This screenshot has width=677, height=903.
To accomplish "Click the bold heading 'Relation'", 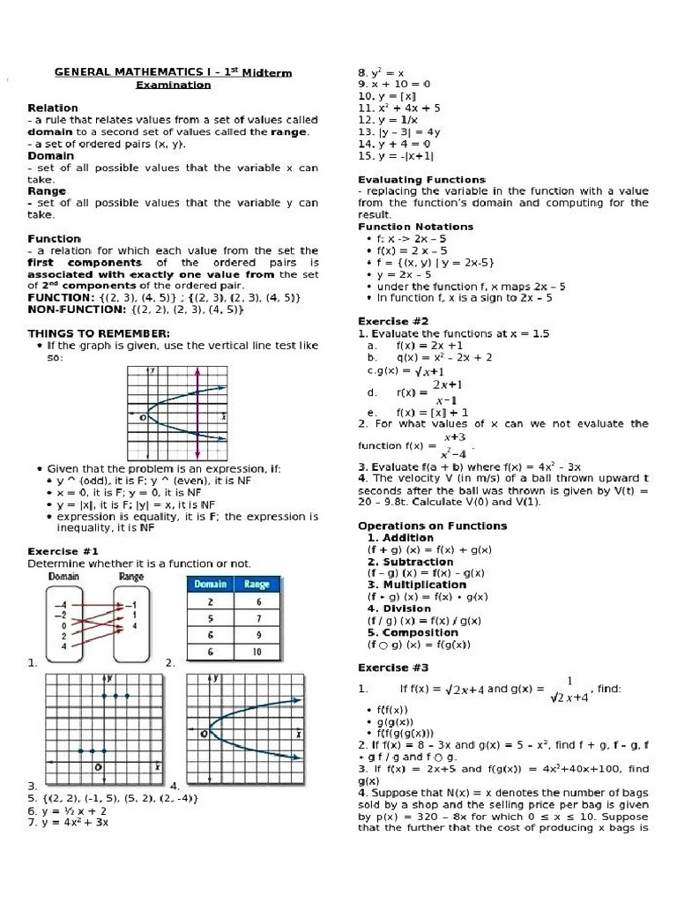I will point(53,108).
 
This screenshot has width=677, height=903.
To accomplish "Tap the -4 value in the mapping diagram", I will point(60,604).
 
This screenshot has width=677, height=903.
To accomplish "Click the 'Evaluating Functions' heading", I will point(409,179).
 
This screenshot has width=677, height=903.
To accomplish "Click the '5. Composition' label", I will point(412,632).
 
